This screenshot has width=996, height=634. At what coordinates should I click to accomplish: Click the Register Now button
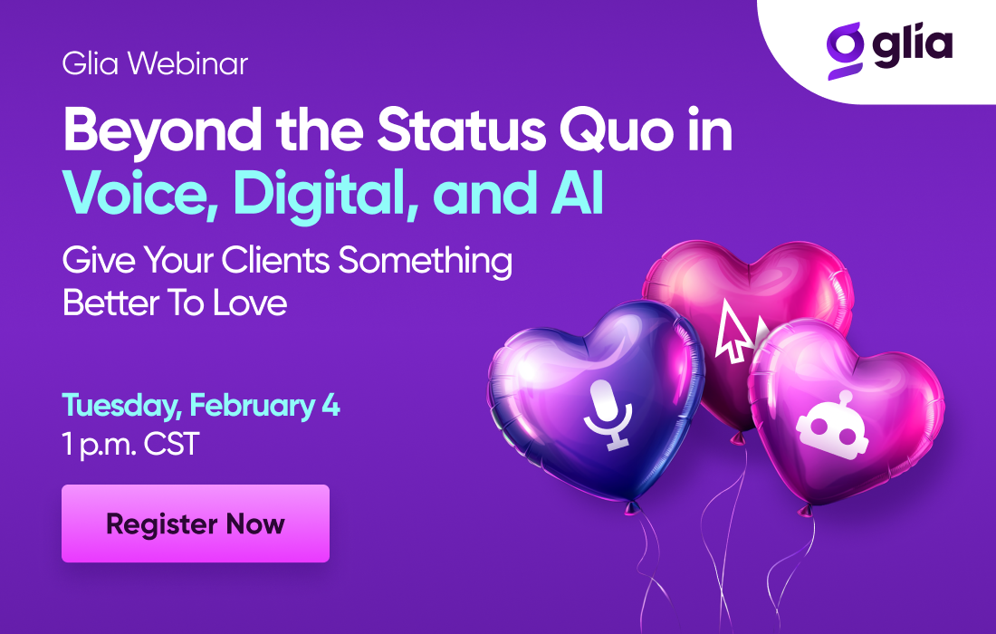click(196, 524)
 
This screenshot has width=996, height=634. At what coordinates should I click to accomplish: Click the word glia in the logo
click(912, 45)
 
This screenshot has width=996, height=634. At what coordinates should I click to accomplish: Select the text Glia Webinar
click(155, 63)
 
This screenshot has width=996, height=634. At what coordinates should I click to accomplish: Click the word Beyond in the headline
click(163, 132)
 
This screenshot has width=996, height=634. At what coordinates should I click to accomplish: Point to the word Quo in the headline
click(616, 130)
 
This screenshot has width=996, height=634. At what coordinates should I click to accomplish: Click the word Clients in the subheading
click(275, 261)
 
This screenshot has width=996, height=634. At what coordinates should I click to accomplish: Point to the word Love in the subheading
click(250, 303)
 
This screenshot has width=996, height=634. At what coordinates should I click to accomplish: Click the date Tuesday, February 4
click(201, 406)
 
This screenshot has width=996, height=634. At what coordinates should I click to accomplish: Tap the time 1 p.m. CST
click(131, 444)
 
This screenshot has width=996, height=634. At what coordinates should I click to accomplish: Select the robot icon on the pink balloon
click(832, 425)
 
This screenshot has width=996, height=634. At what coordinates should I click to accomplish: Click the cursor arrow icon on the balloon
click(733, 331)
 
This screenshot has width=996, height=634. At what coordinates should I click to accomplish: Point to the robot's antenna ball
click(846, 398)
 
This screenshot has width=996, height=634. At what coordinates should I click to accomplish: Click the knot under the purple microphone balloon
click(631, 506)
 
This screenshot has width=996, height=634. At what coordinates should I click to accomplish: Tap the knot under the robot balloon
click(805, 510)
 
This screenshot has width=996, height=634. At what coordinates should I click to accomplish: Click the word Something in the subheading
click(425, 261)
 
